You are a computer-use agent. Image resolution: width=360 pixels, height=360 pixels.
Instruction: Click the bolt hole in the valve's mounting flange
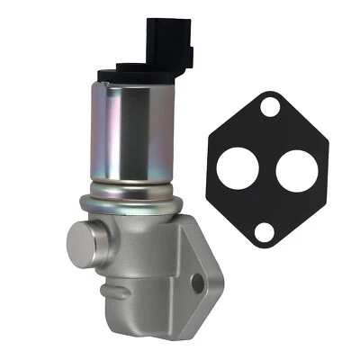pos(198,283)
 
